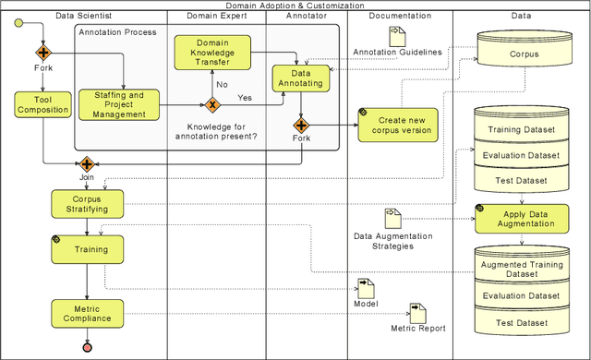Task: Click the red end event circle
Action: tap(87, 347)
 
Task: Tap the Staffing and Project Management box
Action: tap(124, 104)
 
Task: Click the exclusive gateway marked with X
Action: tap(211, 104)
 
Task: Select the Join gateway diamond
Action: tap(87, 164)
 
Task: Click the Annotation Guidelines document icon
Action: tap(396, 37)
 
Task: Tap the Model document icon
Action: tap(366, 287)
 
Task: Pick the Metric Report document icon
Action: tap(417, 313)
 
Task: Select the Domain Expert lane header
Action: tap(216, 16)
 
